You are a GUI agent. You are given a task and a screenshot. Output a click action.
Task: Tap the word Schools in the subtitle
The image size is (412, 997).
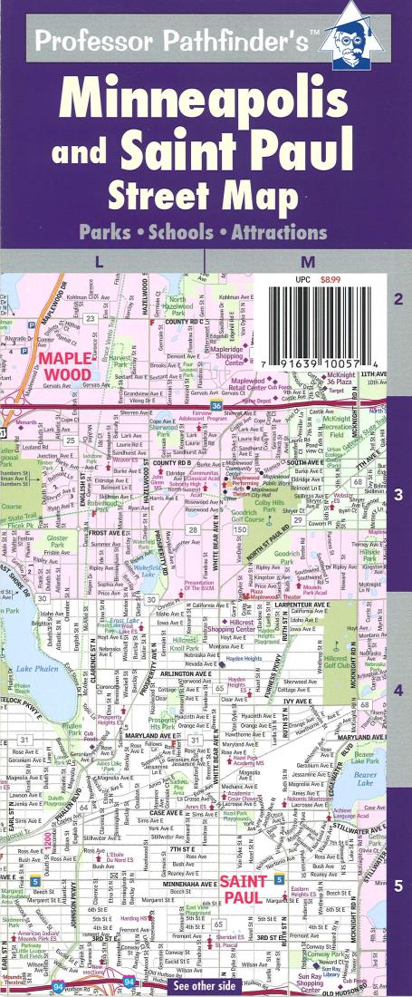206,232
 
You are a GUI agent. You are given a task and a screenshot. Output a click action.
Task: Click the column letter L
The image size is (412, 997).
99,261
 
